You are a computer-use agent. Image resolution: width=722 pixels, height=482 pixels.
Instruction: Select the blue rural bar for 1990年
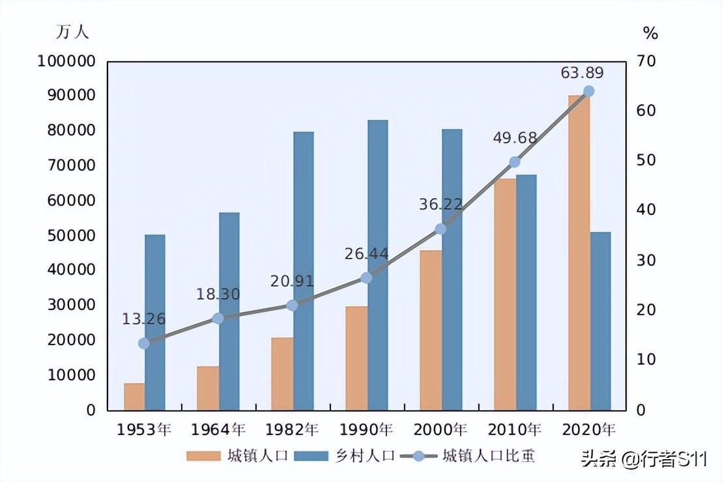click(377, 265)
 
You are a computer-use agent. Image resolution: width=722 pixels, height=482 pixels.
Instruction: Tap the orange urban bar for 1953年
click(134, 397)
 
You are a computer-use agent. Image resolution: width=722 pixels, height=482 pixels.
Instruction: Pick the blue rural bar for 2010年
click(526, 292)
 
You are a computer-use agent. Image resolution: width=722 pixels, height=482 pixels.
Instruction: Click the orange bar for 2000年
click(430, 330)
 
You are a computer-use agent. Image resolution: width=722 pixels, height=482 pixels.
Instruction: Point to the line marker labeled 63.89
click(588, 91)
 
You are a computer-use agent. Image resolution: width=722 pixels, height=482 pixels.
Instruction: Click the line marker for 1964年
click(218, 319)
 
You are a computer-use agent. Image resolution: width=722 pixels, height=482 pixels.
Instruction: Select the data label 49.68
click(515, 138)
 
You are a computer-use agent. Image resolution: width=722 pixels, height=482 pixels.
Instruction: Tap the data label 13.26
click(143, 319)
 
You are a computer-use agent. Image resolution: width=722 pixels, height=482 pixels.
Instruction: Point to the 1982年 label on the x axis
click(292, 430)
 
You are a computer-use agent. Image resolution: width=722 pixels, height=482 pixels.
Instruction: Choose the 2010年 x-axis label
click(515, 430)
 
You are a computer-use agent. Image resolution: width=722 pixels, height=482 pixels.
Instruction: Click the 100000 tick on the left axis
click(67, 61)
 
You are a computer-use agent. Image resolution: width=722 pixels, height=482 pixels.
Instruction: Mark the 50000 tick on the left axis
click(71, 235)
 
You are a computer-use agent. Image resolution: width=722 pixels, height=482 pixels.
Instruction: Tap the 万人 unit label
click(72, 31)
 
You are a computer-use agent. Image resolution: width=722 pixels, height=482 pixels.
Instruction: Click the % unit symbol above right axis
click(650, 33)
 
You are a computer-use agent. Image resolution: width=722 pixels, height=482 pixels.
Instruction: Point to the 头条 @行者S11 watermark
click(644, 459)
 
